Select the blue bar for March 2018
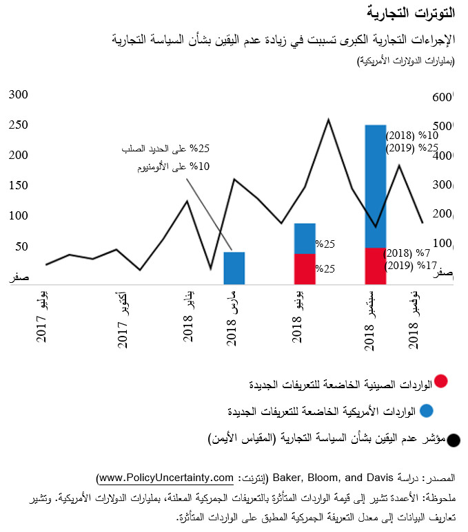tap(234, 268)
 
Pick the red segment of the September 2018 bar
tap(375, 265)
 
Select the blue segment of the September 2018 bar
tap(375, 186)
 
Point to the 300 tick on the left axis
tap(18, 95)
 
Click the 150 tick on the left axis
tap(18, 186)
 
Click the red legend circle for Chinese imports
tap(442, 381)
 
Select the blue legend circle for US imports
tap(427, 411)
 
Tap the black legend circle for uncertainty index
tap(454, 439)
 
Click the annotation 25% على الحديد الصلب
tap(165, 149)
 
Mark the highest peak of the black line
tap(328, 119)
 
